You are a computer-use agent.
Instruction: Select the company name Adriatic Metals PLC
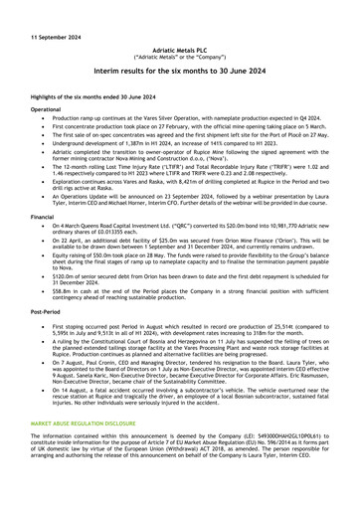[x=180, y=48]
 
